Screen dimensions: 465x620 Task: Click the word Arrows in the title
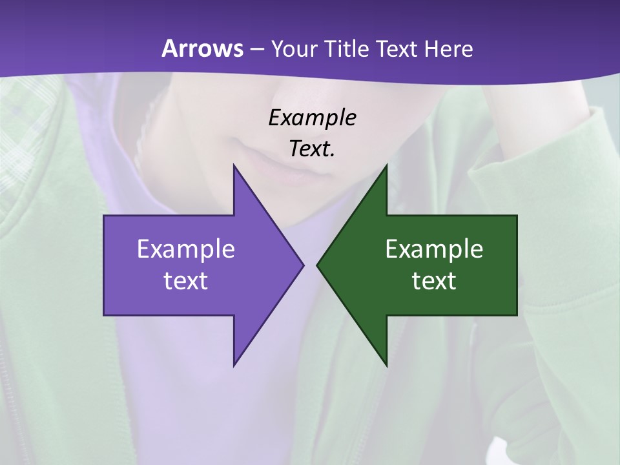tap(201, 48)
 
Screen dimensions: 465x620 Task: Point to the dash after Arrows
tap(256, 49)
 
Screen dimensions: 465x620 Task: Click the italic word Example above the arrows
tap(312, 118)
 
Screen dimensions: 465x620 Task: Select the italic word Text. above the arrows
tap(312, 149)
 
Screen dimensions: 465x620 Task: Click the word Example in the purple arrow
tap(186, 249)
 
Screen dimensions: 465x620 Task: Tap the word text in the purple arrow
tap(186, 281)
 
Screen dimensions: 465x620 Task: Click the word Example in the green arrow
tap(434, 249)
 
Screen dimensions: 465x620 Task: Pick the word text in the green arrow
tap(434, 281)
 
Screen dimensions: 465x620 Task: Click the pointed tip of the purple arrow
tap(303, 265)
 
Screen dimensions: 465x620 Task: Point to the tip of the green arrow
tap(317, 265)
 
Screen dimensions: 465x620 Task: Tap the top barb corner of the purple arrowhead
tap(234, 165)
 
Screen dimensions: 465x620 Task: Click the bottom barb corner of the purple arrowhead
tap(234, 366)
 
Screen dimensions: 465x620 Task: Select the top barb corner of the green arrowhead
tap(386, 165)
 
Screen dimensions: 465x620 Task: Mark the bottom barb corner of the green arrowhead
tap(386, 366)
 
